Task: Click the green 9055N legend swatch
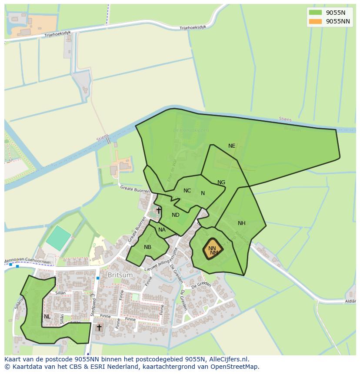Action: coord(316,13)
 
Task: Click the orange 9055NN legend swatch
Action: coord(316,21)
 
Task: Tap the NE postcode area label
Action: coord(232,146)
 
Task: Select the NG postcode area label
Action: coord(221,182)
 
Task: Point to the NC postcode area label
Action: coord(187,191)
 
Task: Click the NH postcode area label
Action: coord(242,223)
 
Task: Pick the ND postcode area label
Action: coord(176,215)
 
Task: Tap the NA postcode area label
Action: coord(162,230)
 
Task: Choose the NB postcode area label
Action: coord(148,247)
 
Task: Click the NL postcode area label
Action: coord(47,317)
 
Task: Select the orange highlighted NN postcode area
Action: coord(213,249)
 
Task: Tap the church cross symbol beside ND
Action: coord(159,211)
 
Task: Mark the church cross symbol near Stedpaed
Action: coord(99,327)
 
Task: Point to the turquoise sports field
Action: coord(59,238)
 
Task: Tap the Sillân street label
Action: coord(60,293)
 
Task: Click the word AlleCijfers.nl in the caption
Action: coord(227,359)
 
